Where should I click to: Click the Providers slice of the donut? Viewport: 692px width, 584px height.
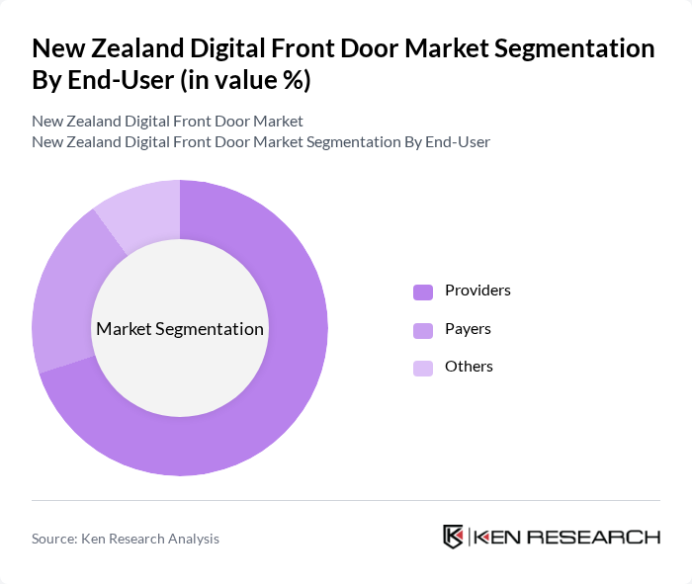[x=287, y=395]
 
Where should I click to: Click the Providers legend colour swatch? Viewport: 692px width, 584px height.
[x=423, y=292]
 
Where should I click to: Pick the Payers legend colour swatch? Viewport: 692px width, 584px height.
[x=423, y=330]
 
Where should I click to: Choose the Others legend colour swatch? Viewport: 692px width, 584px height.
[x=423, y=368]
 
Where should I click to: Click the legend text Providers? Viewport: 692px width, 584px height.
[x=477, y=291]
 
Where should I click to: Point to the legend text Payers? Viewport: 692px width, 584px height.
[x=468, y=329]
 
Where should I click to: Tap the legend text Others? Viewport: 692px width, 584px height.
[x=469, y=367]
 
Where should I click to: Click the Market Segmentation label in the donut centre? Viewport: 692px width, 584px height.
[x=180, y=329]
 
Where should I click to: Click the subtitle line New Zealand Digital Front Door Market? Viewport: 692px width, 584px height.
[x=167, y=122]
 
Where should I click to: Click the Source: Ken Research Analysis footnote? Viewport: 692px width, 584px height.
[x=126, y=539]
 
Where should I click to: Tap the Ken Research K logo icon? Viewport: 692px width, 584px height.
[x=454, y=537]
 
